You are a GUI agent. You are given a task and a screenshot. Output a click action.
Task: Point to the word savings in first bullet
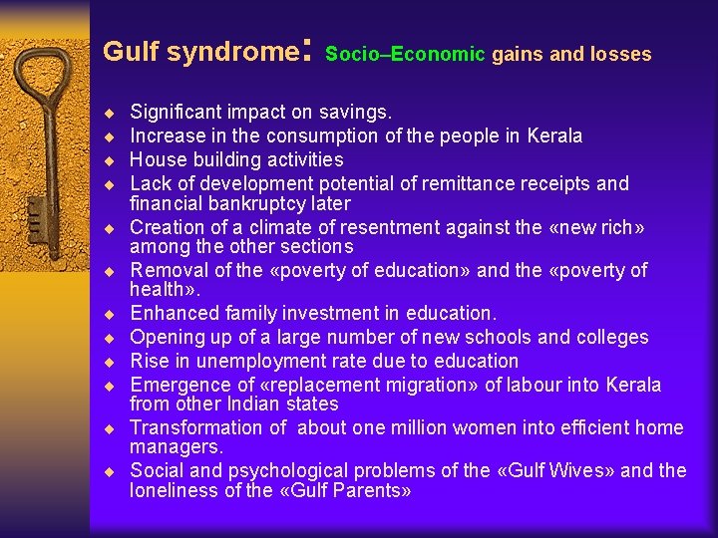click(359, 113)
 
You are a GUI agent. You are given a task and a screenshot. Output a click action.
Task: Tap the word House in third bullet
click(155, 159)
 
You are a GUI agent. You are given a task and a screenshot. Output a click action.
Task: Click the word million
click(396, 427)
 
